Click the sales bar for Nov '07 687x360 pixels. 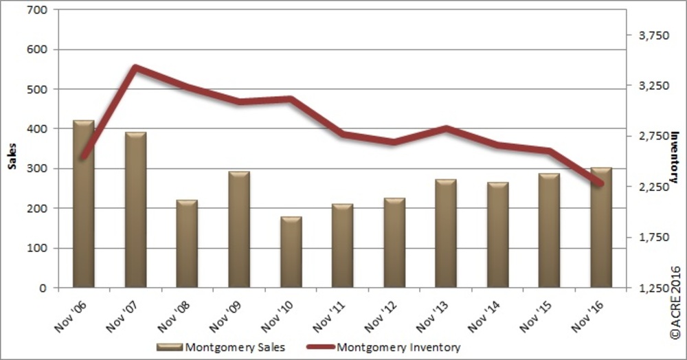(135, 210)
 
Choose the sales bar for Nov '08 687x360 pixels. (187, 244)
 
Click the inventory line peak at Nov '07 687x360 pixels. (135, 67)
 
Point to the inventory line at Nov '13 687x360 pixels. (445, 128)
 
